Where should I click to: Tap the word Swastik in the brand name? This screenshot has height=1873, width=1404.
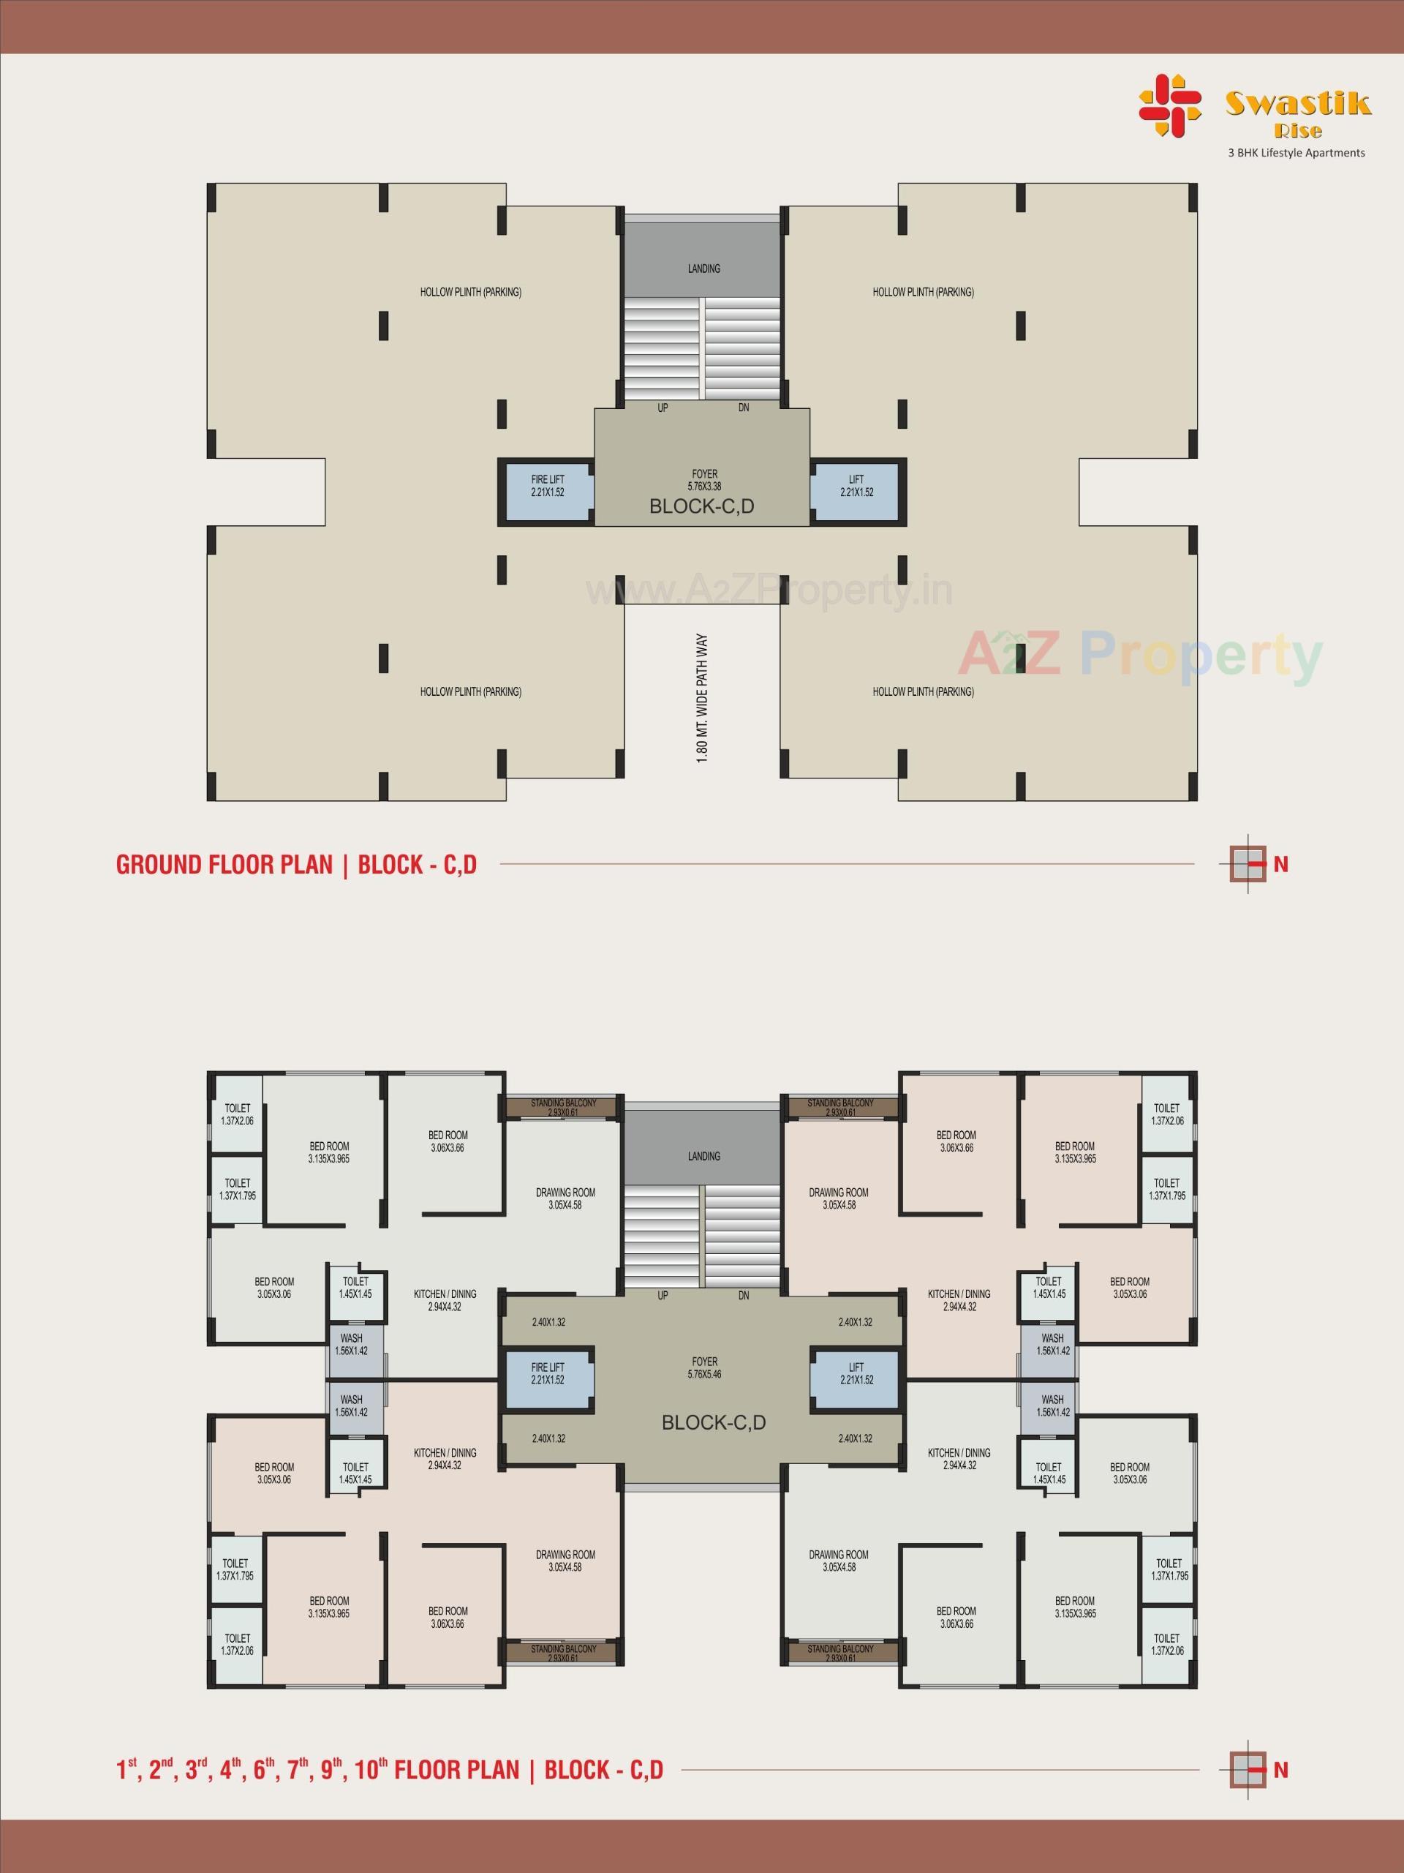pos(1297,103)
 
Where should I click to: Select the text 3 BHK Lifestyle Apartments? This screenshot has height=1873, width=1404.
pos(1296,153)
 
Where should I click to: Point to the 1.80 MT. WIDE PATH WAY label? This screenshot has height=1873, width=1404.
pos(701,699)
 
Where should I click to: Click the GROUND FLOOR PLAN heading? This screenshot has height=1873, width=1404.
pos(224,865)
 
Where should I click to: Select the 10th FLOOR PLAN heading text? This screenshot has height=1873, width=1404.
pos(389,1770)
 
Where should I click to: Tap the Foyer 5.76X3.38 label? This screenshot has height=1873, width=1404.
pos(704,480)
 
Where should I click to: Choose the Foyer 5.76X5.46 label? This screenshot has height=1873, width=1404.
pos(704,1368)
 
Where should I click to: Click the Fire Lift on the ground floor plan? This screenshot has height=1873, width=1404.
pos(547,492)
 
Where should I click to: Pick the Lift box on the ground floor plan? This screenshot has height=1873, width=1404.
pos(856,492)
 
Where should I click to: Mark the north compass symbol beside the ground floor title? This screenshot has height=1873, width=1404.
pos(1248,865)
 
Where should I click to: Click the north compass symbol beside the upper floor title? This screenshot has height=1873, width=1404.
pos(1248,1770)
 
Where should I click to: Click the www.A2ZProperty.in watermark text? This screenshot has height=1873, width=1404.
pos(769,591)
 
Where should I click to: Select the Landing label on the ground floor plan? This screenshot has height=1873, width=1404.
pos(704,269)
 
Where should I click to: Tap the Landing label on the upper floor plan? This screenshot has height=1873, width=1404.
pos(704,1156)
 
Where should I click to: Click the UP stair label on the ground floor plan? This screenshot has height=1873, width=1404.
pos(663,408)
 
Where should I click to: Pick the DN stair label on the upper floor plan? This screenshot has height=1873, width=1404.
pos(744,1296)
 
